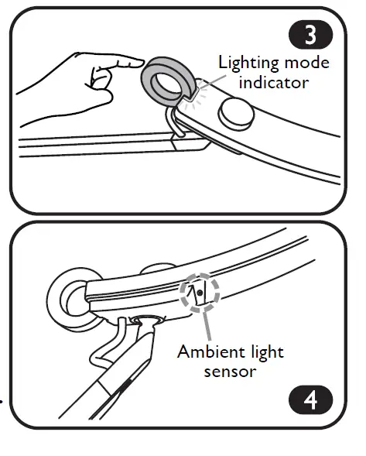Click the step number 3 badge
coord(310,36)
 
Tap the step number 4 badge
coord(310,401)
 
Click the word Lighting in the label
coord(248,63)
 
